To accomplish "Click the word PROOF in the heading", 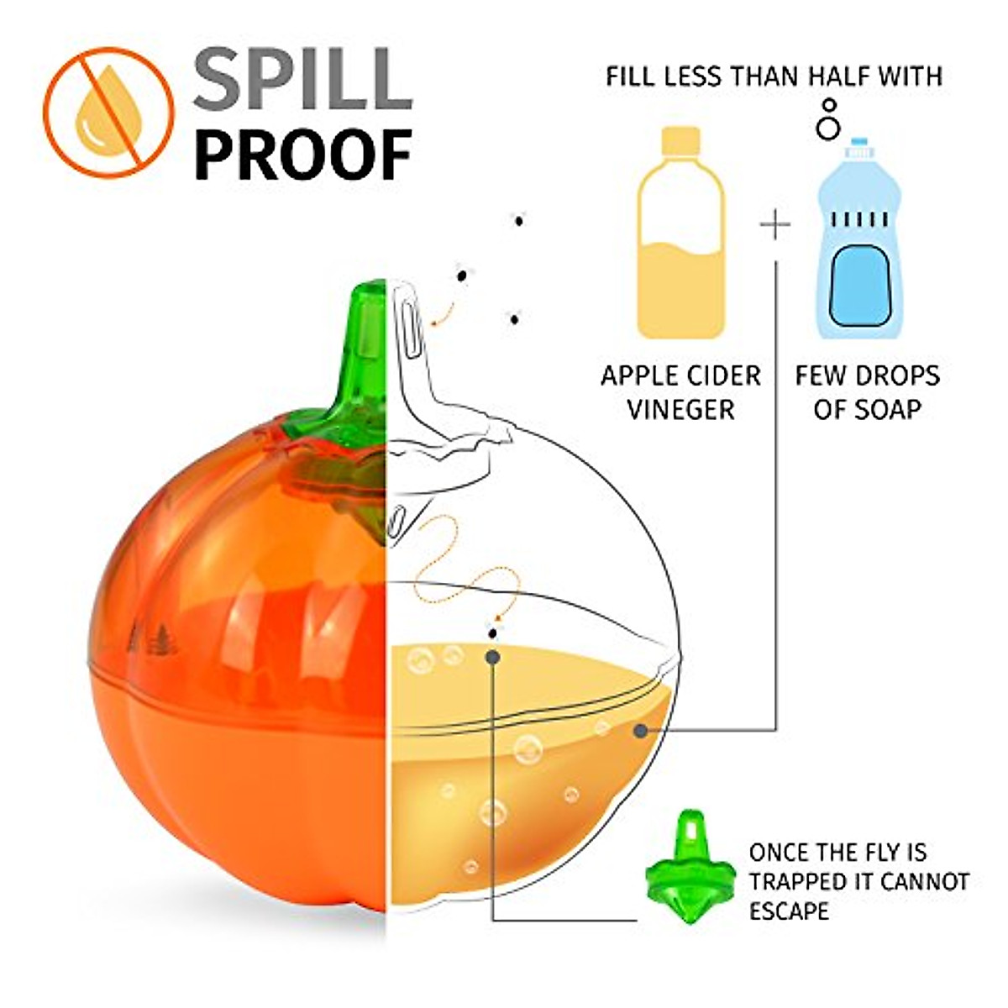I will [304, 154].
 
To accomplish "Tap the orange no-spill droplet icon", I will [108, 111].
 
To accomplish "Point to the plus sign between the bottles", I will [774, 225].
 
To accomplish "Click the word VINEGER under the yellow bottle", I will [680, 410].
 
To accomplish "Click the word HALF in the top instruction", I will [847, 76].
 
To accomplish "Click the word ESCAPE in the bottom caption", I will [789, 911].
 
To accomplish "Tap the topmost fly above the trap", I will [519, 220].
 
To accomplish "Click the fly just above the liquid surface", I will [493, 630].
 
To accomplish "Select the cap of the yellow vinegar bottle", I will [681, 139].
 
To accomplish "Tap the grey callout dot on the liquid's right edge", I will [641, 730].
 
